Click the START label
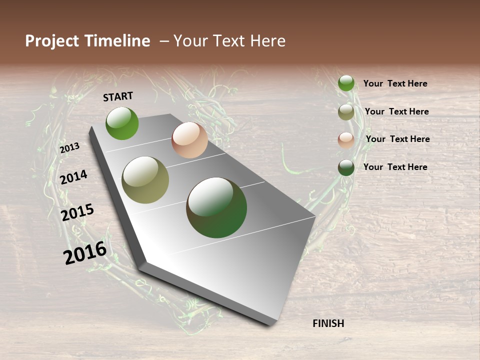point(118,96)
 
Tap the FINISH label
point(328,323)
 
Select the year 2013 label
point(70,147)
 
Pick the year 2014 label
point(74,177)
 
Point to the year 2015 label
point(77,212)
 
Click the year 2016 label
point(85,252)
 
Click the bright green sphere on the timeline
point(122,123)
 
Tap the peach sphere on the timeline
point(189,140)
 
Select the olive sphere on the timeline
point(145,180)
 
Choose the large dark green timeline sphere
point(216,207)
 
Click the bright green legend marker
point(346,83)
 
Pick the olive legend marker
point(346,112)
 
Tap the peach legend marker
point(346,140)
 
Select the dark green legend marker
point(346,167)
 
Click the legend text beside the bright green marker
point(395,83)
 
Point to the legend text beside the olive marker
point(396,111)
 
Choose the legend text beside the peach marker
point(397,139)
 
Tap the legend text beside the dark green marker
point(395,167)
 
